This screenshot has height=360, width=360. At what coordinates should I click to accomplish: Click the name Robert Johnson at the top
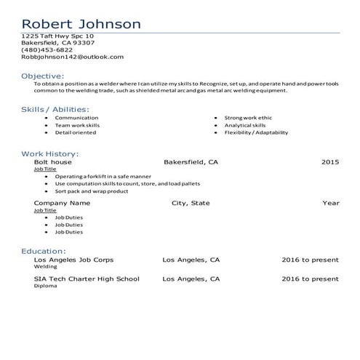(81, 23)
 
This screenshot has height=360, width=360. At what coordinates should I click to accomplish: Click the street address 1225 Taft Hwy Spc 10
(57, 35)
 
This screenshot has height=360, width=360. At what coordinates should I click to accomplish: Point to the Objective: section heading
(42, 76)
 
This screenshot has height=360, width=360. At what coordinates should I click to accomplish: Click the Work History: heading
(50, 153)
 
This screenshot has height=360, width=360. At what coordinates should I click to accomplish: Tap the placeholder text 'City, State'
(191, 203)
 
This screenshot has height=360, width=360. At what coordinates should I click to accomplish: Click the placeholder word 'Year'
(331, 203)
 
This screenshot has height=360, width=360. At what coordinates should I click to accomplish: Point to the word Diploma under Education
(44, 286)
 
